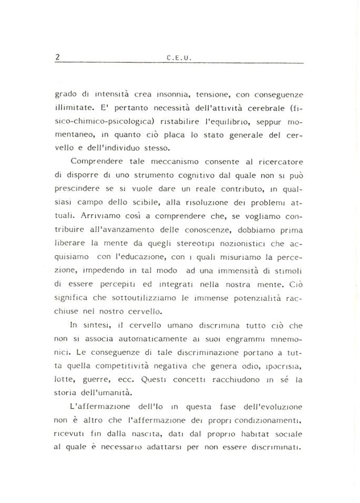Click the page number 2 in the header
[57, 58]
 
